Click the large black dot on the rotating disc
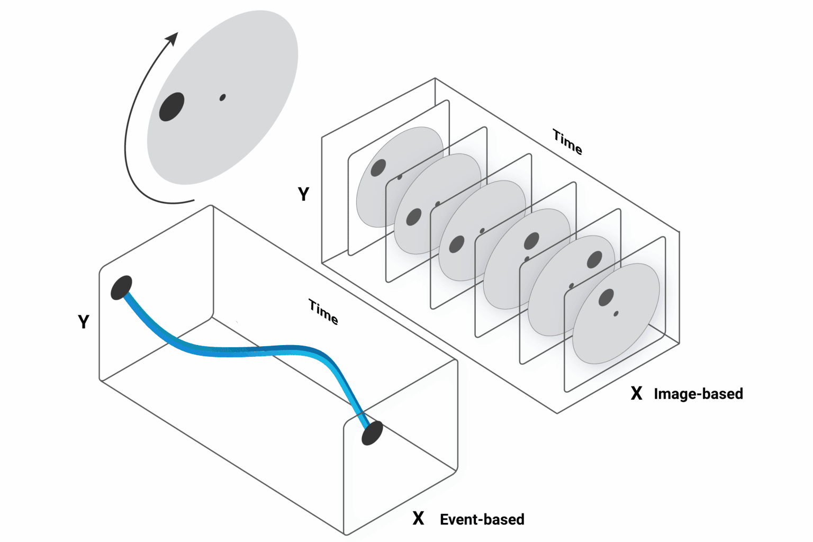tap(171, 107)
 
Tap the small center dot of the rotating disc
tap(222, 97)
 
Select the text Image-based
tap(698, 394)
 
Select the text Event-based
tap(482, 519)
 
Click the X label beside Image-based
tap(636, 393)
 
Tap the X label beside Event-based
tap(418, 519)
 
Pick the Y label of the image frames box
tap(303, 194)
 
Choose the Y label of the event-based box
tap(84, 322)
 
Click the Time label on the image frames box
tap(567, 142)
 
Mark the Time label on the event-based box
tap(323, 312)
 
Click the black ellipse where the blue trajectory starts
tap(121, 287)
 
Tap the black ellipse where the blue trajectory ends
tap(372, 433)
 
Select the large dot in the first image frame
tap(378, 168)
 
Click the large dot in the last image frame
tap(606, 297)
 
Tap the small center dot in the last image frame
tap(616, 314)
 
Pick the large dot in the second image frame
tap(413, 217)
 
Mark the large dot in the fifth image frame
tap(594, 260)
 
